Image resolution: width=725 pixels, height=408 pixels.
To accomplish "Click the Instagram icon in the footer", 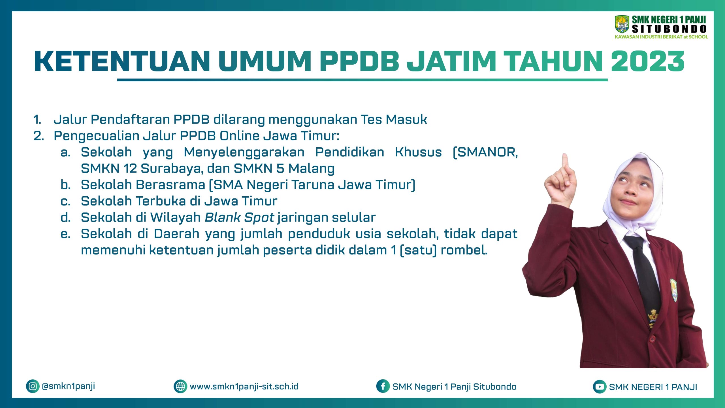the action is click(x=33, y=386).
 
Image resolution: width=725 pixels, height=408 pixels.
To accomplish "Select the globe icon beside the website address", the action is click(x=180, y=386).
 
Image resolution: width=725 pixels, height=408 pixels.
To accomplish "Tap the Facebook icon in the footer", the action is click(x=383, y=386).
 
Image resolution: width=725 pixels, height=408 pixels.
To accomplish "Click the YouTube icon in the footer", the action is click(x=599, y=387).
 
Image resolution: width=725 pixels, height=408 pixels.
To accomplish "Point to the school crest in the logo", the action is click(x=622, y=24).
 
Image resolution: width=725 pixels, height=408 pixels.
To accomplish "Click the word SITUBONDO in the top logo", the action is click(x=669, y=29).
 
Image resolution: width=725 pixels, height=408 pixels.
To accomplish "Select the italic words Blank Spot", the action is click(x=239, y=218).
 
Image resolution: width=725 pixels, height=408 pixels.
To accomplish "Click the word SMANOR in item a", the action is click(x=485, y=152).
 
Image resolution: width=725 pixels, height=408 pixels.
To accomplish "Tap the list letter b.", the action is click(x=65, y=185).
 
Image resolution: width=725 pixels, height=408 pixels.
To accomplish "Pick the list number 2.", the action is click(x=39, y=136).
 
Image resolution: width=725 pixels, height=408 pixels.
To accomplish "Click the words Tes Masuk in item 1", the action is click(x=394, y=119).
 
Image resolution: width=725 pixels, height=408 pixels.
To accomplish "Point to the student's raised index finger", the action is click(x=565, y=163).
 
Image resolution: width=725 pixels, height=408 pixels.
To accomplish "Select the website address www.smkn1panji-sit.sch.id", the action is click(x=244, y=386).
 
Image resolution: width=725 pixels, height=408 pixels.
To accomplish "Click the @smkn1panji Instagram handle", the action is click(x=68, y=386).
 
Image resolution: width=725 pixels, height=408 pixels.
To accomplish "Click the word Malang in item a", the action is click(x=311, y=169).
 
